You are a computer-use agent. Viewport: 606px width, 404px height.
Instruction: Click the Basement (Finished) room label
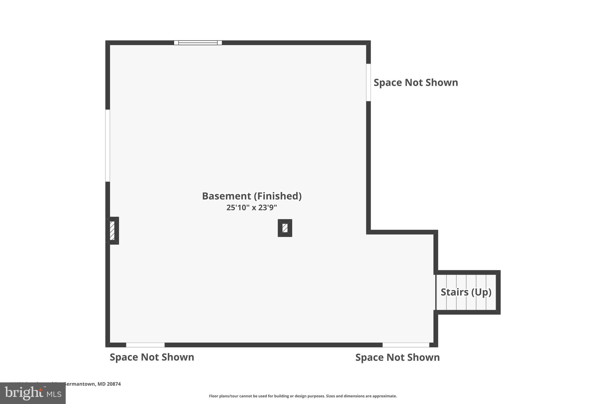click(x=252, y=196)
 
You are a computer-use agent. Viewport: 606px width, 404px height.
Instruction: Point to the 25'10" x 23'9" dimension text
click(x=252, y=207)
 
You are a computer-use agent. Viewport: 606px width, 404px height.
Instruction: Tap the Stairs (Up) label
click(x=466, y=292)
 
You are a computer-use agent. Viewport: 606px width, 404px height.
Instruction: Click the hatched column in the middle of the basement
click(x=285, y=228)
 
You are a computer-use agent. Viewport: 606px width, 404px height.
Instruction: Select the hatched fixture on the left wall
click(x=112, y=231)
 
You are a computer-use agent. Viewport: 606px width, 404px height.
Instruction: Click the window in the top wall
click(x=198, y=43)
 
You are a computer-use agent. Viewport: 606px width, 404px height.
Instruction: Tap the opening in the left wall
click(x=108, y=146)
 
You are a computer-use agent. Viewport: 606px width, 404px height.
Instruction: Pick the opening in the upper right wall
click(x=368, y=82)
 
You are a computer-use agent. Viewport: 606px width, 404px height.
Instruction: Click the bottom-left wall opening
click(x=145, y=345)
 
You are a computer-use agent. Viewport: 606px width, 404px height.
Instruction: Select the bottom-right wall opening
click(x=406, y=345)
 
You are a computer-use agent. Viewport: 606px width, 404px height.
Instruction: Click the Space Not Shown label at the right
click(x=416, y=83)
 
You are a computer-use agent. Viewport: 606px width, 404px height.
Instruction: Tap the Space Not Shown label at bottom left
click(x=152, y=357)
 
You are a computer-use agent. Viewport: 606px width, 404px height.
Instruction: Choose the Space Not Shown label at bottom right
click(x=397, y=358)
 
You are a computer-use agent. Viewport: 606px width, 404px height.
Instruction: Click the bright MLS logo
click(x=33, y=393)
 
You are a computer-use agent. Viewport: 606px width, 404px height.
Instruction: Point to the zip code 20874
click(x=114, y=384)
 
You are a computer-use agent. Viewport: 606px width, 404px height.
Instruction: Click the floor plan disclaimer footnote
click(x=303, y=396)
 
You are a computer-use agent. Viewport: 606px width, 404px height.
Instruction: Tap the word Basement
click(x=226, y=196)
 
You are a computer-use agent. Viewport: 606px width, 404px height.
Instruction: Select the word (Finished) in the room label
click(x=277, y=196)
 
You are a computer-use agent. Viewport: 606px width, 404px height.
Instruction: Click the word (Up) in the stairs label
click(x=481, y=292)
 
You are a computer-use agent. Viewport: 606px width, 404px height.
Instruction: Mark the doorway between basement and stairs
click(x=436, y=292)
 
